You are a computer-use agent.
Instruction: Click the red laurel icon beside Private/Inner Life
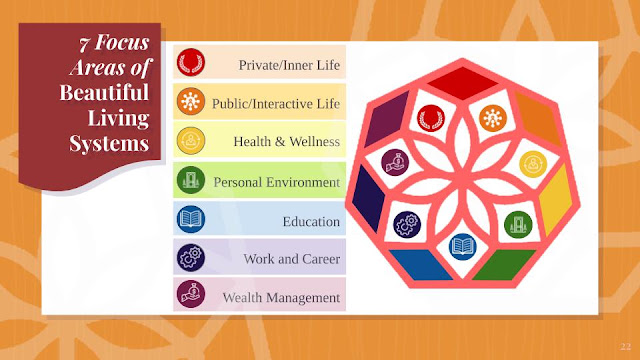point(191,62)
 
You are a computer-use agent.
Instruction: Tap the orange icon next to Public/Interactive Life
point(191,101)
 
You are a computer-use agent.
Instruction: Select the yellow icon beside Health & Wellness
point(191,140)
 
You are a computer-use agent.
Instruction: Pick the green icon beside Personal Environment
point(191,180)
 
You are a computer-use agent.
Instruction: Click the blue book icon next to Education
point(191,219)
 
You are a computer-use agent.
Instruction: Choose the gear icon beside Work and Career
point(191,258)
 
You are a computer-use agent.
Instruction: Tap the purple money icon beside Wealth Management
point(191,294)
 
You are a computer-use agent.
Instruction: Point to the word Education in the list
point(311,222)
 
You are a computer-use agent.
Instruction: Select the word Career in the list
point(320,259)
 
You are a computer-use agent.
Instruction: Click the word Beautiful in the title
point(104,92)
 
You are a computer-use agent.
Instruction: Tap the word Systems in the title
point(109,144)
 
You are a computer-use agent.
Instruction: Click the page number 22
point(625,347)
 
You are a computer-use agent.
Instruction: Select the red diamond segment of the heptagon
point(462,83)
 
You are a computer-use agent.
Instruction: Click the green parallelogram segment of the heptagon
point(504,265)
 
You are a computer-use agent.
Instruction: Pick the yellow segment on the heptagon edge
point(556,199)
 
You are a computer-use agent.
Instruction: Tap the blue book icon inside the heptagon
point(462,247)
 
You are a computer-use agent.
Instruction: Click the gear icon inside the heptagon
point(407,224)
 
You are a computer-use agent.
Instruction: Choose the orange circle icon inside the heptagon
point(493,118)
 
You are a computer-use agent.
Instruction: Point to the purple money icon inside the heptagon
point(395,162)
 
